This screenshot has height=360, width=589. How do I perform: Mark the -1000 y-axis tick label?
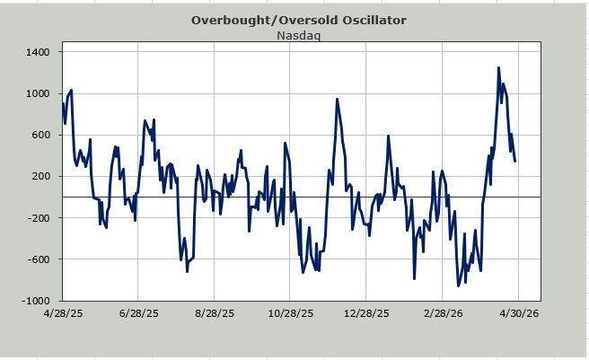(x=35, y=301)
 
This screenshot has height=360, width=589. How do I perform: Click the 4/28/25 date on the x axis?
(x=62, y=314)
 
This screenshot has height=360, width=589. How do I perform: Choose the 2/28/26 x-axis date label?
(x=441, y=314)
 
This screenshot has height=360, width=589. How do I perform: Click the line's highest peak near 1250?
(x=498, y=67)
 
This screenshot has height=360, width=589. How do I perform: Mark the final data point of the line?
(x=515, y=161)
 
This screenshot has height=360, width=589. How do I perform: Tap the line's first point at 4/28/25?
(x=63, y=104)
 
